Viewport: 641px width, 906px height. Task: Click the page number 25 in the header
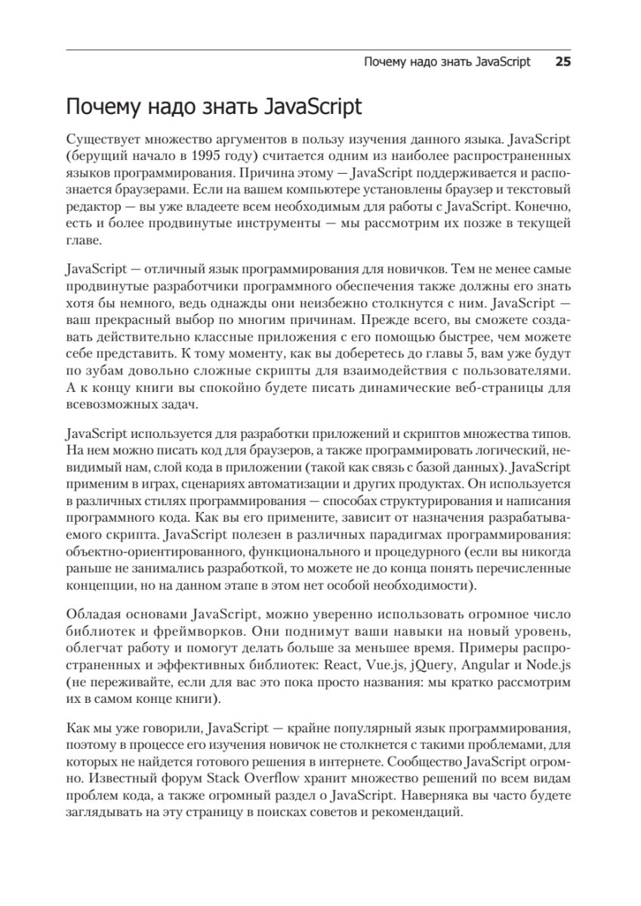[562, 62]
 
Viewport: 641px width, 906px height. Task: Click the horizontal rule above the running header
[320, 51]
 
